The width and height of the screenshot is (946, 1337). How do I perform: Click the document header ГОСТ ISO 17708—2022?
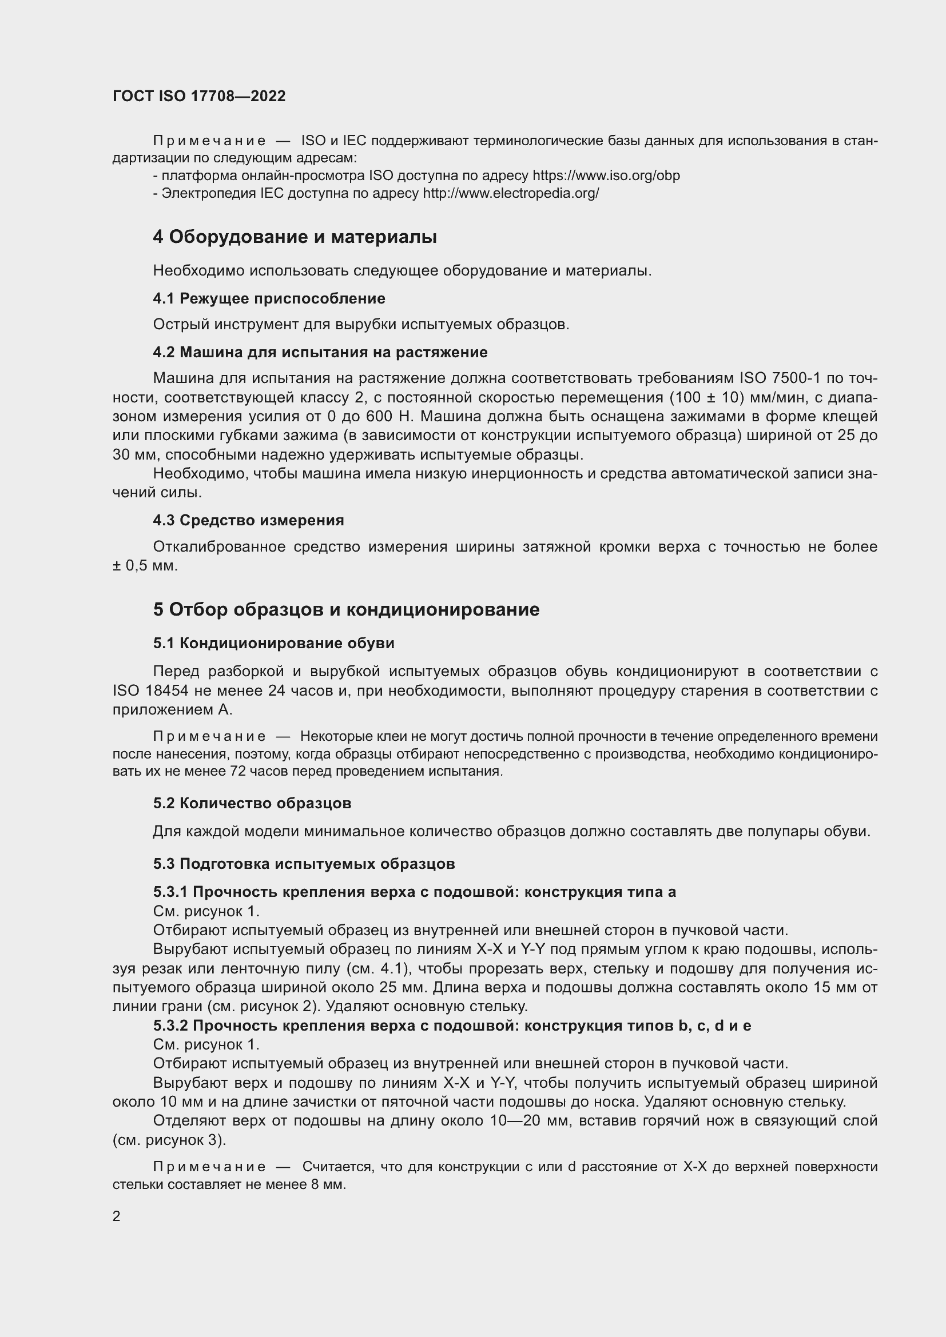pos(199,96)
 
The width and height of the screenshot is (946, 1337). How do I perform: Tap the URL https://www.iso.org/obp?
pos(606,175)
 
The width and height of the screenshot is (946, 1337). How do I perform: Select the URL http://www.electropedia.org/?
pos(511,193)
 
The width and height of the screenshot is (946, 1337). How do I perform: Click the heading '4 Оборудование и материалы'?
pos(295,237)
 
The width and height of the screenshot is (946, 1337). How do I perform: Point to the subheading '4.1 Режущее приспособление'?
pos(269,299)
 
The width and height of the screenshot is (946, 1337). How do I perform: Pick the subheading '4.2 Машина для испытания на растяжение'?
pos(320,352)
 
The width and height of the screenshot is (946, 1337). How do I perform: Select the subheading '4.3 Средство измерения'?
pos(249,520)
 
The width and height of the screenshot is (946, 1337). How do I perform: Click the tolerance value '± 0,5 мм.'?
pos(145,565)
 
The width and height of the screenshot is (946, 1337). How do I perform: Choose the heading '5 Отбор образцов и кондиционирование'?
pos(346,610)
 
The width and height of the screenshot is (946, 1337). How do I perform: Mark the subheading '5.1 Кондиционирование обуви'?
pos(274,644)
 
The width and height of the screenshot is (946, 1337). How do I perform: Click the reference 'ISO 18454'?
pos(150,691)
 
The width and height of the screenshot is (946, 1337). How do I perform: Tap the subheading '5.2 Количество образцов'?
pos(252,804)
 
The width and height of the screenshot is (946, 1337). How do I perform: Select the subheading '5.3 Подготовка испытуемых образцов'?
pos(304,864)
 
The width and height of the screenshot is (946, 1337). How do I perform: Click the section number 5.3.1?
pos(170,892)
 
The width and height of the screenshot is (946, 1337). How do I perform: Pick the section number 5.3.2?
pos(170,1025)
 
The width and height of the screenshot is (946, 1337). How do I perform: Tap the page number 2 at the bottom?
pos(117,1216)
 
